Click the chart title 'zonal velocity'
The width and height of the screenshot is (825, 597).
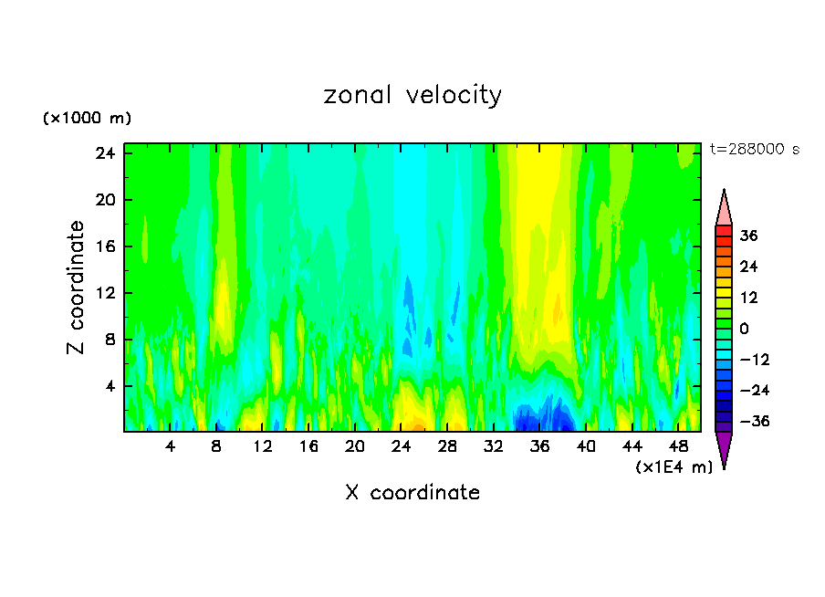(x=412, y=95)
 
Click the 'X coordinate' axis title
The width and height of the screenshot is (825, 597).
(x=412, y=493)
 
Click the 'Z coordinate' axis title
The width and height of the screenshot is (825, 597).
(x=78, y=288)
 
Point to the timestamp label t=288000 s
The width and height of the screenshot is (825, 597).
(x=754, y=150)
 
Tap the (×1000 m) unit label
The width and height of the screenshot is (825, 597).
(x=87, y=119)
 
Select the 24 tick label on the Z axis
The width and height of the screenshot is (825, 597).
(x=103, y=152)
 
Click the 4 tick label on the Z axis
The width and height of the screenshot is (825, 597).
(x=107, y=386)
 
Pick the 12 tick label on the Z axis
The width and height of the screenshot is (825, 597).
(x=103, y=293)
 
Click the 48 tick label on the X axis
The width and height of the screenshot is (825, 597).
(x=679, y=446)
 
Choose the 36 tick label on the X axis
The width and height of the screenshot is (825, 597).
(x=540, y=446)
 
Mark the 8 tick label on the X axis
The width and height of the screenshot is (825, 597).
(x=216, y=446)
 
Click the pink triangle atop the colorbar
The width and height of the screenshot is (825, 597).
(x=724, y=208)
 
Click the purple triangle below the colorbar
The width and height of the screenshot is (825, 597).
(x=724, y=448)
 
